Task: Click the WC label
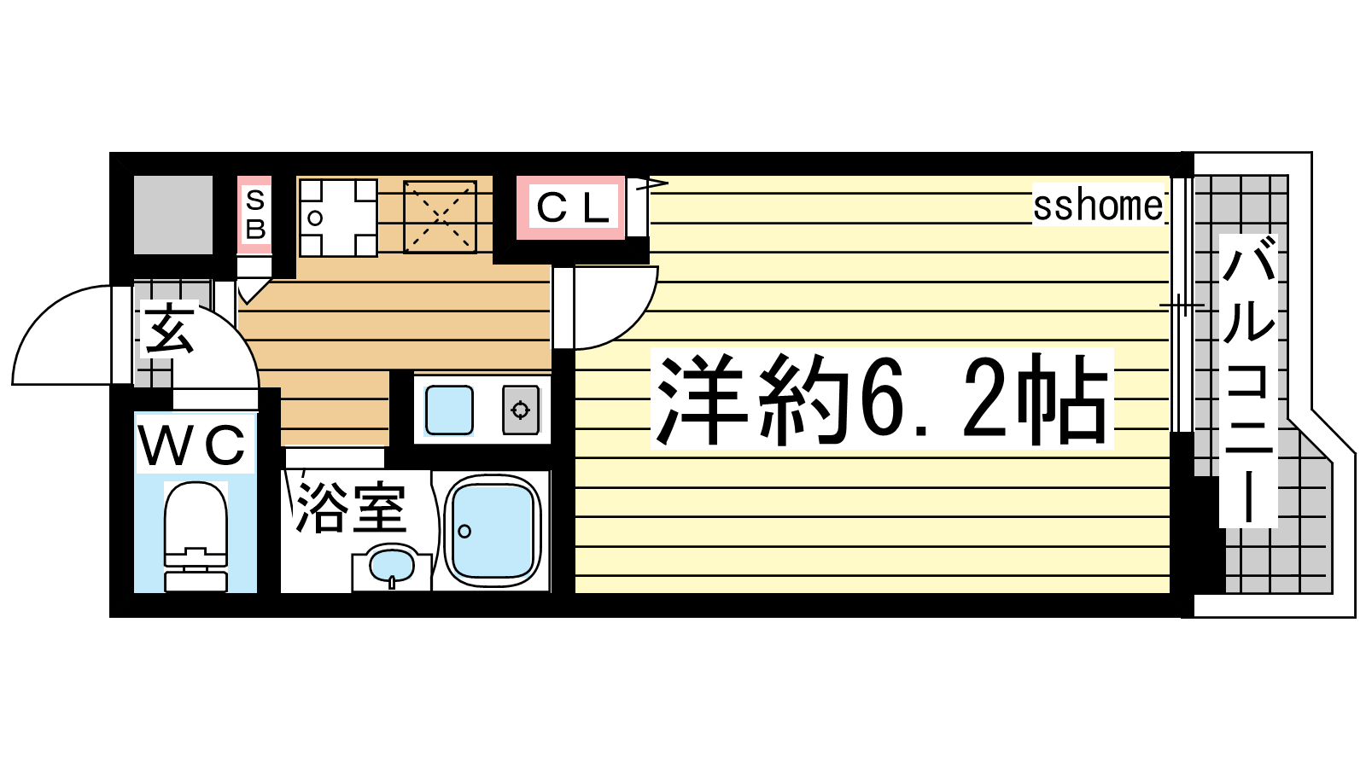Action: click(x=191, y=445)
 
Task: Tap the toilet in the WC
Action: click(x=196, y=537)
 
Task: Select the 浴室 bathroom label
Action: click(x=351, y=509)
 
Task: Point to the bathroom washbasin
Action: click(x=392, y=567)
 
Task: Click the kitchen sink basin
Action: click(x=449, y=410)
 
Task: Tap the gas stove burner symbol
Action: click(x=520, y=410)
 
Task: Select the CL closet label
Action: click(x=572, y=208)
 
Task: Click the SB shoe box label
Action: click(x=255, y=214)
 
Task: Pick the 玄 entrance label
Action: click(x=169, y=329)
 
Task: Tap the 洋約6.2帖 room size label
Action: click(x=882, y=399)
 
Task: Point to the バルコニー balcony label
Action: click(x=1248, y=381)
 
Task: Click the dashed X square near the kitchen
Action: click(x=440, y=217)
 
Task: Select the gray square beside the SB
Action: click(x=173, y=214)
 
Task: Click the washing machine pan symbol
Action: click(x=338, y=218)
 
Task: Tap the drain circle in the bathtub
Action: click(x=464, y=531)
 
